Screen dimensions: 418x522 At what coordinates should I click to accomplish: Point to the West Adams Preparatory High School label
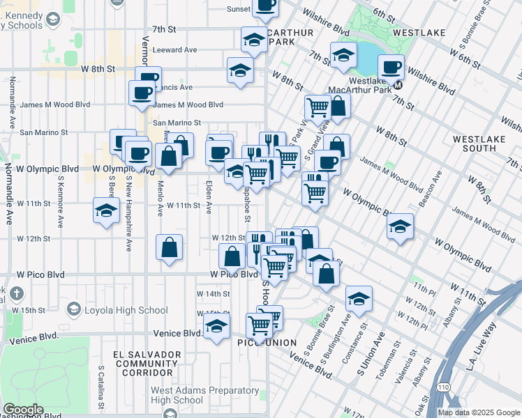click(186, 395)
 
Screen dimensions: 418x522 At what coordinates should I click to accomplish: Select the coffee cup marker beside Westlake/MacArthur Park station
click(391, 68)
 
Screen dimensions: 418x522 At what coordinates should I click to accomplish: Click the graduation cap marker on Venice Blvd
click(217, 325)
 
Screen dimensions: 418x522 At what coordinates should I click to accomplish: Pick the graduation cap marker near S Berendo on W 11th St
click(105, 210)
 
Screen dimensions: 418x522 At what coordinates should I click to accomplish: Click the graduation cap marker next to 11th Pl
click(359, 298)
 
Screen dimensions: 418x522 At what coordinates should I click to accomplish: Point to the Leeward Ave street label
click(175, 50)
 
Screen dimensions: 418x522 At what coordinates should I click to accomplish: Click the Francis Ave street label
click(177, 87)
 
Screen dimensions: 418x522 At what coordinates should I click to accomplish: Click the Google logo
click(24, 410)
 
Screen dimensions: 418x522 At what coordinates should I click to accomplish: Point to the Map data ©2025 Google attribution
click(478, 412)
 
